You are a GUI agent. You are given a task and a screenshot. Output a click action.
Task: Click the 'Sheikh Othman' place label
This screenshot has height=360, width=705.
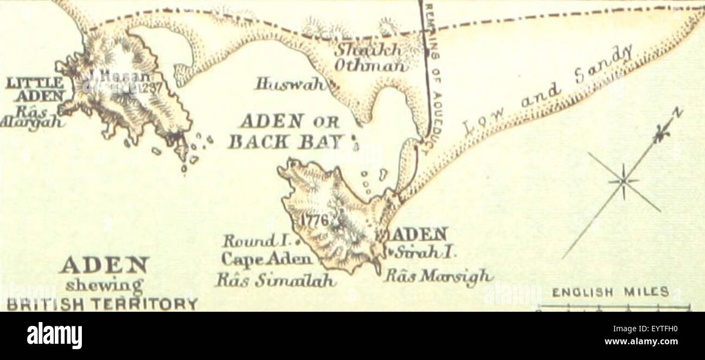pos(371,58)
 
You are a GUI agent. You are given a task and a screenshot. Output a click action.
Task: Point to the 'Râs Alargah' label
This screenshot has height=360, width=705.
pos(33,117)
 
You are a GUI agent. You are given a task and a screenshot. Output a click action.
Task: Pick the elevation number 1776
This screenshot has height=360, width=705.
pos(315,221)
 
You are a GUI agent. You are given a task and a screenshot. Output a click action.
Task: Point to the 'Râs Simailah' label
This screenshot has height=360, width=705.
pos(275,279)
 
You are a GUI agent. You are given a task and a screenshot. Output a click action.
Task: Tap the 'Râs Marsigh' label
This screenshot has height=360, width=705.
pos(438,275)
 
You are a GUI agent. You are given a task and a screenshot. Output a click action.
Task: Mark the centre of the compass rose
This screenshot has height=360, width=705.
pos(624,181)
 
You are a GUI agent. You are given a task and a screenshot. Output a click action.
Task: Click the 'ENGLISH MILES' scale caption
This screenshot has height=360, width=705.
pos(611,292)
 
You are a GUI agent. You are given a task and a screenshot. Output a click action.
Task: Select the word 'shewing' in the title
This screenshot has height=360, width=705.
pos(104,285)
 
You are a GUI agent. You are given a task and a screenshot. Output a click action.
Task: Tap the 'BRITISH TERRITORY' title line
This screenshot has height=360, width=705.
pos(102,304)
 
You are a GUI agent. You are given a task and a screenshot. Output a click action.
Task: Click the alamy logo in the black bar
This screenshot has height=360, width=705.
pos(54,336)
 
